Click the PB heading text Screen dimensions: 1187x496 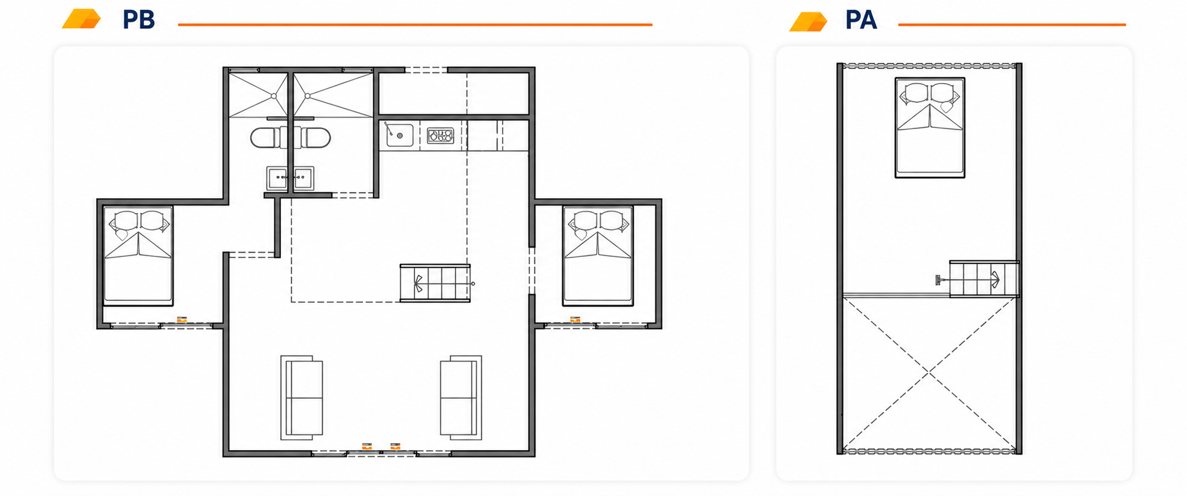138,20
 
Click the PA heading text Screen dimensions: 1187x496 861,20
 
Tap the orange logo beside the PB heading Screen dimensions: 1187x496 81,19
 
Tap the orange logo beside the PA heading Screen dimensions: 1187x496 808,21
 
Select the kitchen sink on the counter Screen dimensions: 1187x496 399,135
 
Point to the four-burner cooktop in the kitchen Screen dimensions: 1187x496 440,135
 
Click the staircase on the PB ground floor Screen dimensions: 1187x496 435,283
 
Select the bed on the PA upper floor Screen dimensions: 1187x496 930,128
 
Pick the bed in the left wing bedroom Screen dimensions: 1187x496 138,256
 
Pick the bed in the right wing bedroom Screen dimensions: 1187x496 598,256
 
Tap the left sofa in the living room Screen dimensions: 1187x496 302,398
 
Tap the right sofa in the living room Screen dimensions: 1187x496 461,398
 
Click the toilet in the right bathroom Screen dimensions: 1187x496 313,138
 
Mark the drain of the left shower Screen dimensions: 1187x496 274,96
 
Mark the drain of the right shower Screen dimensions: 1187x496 308,96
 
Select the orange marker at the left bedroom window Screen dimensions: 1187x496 182,319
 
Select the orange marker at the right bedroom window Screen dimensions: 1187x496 575,319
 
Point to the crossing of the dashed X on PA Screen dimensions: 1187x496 929,372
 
